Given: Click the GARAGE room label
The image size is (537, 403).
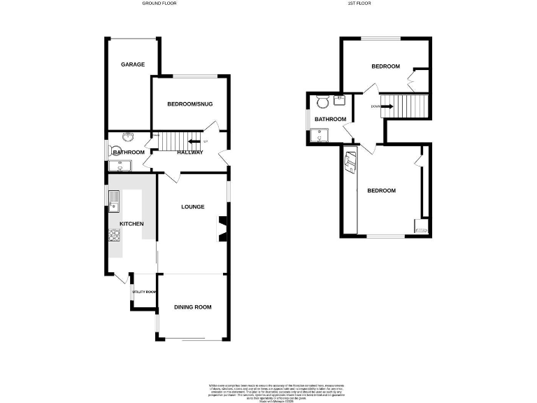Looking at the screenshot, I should tap(133, 64).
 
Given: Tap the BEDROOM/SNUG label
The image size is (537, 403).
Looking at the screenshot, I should tap(189, 104).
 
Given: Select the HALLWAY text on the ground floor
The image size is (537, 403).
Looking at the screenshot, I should tap(190, 153).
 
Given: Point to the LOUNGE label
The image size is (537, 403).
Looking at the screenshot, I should tap(192, 206).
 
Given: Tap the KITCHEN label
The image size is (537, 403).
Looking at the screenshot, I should tap(131, 224).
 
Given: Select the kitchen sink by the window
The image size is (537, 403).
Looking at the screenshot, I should tap(114, 199).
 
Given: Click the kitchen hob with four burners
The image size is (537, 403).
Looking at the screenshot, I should tap(114, 236).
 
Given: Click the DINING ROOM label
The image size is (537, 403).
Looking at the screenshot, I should tap(192, 306).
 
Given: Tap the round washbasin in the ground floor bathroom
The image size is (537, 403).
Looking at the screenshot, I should tap(129, 138).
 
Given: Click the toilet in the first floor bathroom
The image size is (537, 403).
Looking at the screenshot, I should tap(322, 102).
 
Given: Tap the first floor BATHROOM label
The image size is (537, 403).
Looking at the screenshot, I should tap(329, 119).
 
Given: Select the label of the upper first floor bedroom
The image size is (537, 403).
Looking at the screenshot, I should tap(385, 66).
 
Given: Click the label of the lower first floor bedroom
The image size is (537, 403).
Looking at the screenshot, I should tap(382, 190).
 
